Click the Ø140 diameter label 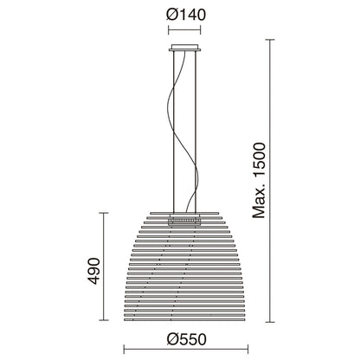point(181,16)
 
